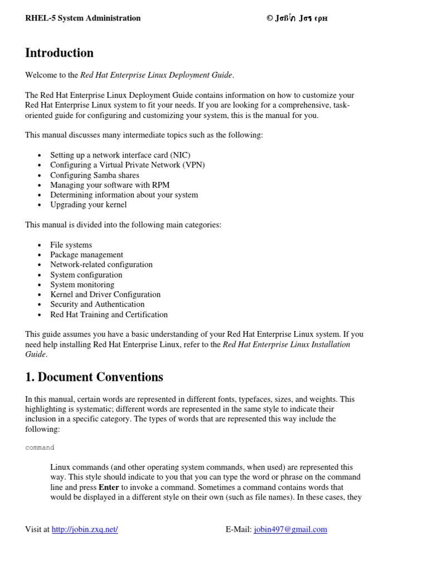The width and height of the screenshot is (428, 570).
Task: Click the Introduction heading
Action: click(x=60, y=53)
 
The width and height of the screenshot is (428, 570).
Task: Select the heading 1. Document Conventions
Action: click(x=94, y=377)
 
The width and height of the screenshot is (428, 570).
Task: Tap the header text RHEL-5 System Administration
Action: click(x=83, y=18)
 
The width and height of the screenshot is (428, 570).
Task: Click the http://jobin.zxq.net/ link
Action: click(x=85, y=530)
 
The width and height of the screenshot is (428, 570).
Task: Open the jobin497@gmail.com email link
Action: click(x=290, y=530)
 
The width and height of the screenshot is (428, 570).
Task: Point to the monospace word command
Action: click(x=40, y=448)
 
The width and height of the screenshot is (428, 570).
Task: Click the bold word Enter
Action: click(x=109, y=487)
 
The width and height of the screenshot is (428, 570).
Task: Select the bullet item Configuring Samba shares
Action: click(x=95, y=175)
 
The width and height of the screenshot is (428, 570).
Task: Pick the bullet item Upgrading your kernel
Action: click(x=88, y=205)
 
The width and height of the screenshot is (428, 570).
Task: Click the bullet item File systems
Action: click(x=71, y=245)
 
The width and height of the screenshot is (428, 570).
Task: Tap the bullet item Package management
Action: click(x=86, y=255)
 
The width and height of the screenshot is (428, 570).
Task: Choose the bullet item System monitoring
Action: click(x=82, y=284)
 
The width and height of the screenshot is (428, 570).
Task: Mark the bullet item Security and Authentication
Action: click(x=97, y=304)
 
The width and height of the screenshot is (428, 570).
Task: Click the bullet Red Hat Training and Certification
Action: click(x=109, y=315)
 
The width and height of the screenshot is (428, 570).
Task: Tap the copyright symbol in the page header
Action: click(x=270, y=18)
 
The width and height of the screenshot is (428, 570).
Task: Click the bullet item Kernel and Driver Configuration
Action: click(x=105, y=294)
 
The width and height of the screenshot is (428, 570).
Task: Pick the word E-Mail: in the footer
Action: click(x=239, y=530)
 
